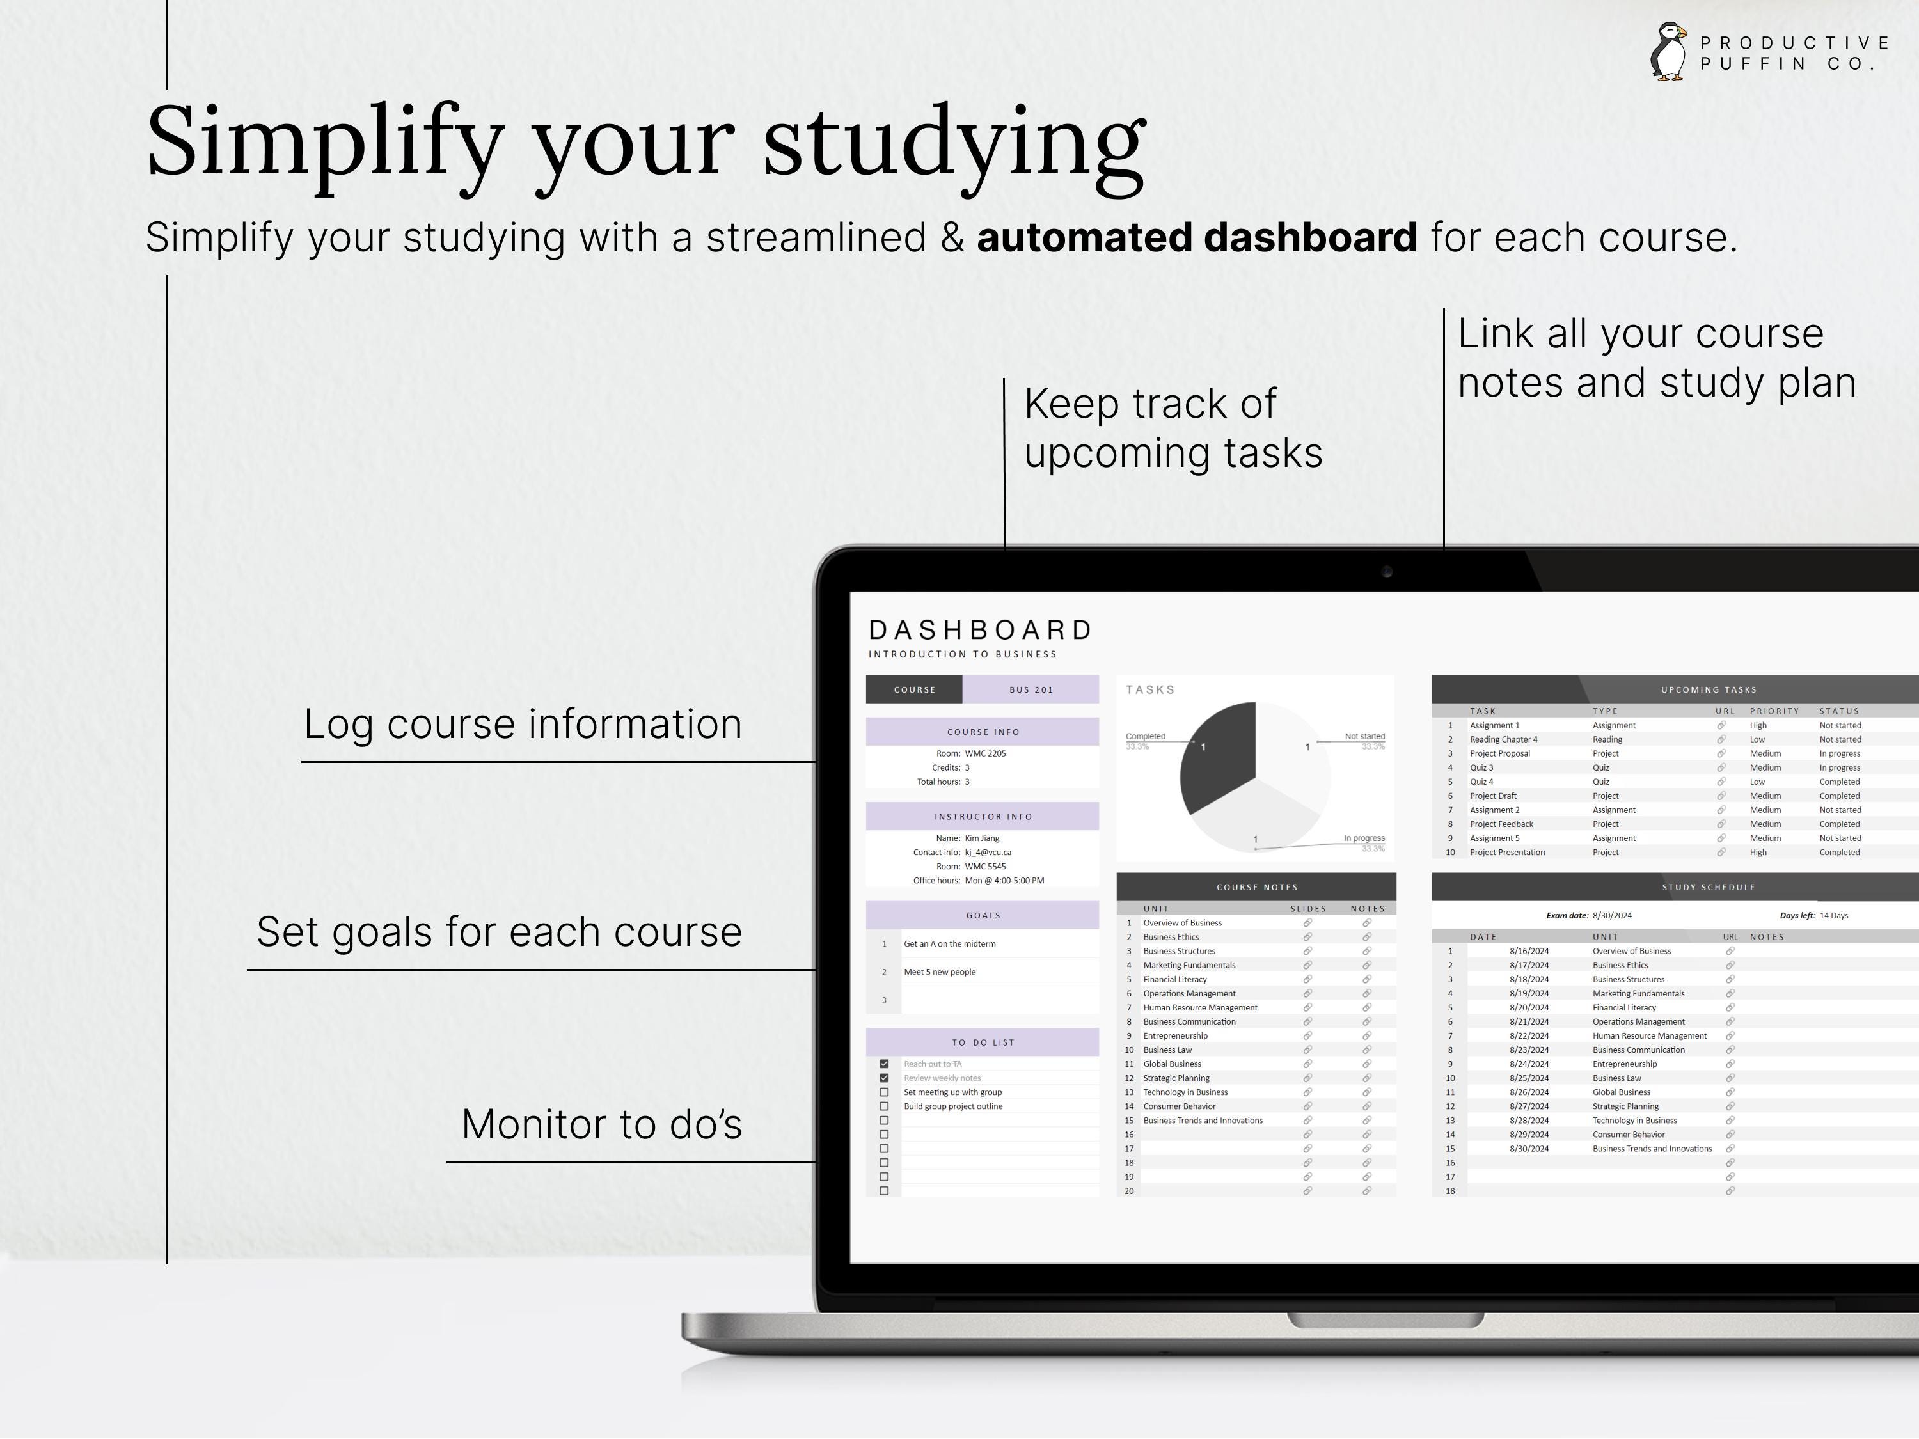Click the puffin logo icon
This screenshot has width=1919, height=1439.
[x=1668, y=52]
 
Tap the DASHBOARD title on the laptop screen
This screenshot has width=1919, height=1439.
[x=981, y=630]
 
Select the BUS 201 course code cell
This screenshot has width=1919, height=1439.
[x=1031, y=689]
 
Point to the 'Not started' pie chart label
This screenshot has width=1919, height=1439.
[x=1364, y=736]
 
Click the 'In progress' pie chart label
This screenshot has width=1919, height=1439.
[x=1364, y=838]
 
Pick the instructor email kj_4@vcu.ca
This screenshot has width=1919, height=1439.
[x=988, y=852]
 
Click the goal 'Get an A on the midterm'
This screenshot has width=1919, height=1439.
[x=950, y=944]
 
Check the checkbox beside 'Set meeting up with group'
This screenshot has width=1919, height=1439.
[x=884, y=1092]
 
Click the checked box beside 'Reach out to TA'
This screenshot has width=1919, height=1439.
[x=884, y=1064]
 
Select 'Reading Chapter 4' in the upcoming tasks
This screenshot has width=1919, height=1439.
[x=1503, y=739]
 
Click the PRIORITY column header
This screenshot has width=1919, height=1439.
[x=1774, y=711]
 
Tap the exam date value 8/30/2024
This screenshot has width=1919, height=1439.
[x=1612, y=915]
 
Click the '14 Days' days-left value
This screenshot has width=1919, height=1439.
[x=1834, y=915]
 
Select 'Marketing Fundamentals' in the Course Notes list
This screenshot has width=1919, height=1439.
[x=1189, y=965]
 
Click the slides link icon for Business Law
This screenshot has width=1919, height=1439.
[x=1307, y=1050]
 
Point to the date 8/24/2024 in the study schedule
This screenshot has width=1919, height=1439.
[x=1529, y=1064]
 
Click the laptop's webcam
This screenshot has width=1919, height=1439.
[x=1386, y=572]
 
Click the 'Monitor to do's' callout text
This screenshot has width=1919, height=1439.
[x=601, y=1124]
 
